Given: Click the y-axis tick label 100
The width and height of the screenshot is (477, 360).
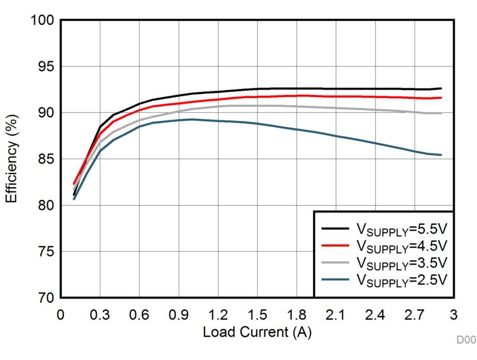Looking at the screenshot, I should (43, 21).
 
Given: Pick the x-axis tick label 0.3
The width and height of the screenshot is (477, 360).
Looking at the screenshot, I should (100, 314).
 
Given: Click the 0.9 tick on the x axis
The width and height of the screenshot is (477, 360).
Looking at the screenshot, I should (178, 314).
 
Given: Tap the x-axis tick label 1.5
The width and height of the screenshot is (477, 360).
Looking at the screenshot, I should (257, 314).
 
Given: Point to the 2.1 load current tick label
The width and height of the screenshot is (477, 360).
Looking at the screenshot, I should (335, 314).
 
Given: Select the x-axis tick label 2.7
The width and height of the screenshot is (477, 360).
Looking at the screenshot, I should (414, 314).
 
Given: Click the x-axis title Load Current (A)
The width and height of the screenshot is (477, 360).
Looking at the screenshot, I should (257, 332).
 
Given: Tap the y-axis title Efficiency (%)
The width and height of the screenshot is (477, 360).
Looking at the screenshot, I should (12, 159).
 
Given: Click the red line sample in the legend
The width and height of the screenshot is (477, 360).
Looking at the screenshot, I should (335, 245).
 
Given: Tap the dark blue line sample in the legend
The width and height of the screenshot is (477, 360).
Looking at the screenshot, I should (335, 278).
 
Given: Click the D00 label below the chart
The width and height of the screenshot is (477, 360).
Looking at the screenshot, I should (466, 340).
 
